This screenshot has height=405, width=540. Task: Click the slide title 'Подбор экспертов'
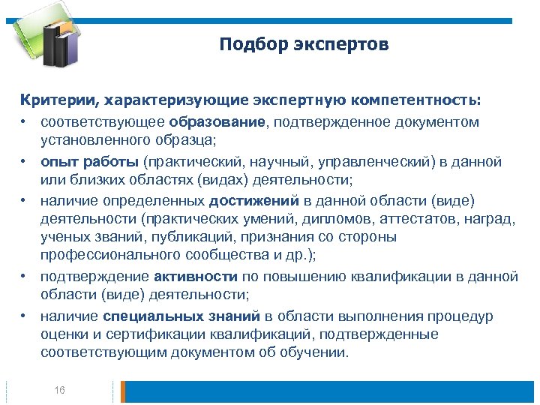pyautogui.click(x=304, y=45)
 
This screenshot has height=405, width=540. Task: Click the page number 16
pyautogui.click(x=60, y=390)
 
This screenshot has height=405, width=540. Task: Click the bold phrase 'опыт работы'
pyautogui.click(x=90, y=161)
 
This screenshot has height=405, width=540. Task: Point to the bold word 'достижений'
pyautogui.click(x=254, y=201)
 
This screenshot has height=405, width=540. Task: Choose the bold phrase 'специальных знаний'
pyautogui.click(x=181, y=316)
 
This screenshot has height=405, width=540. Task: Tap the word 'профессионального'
pyautogui.click(x=106, y=255)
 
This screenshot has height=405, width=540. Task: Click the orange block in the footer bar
pyautogui.click(x=124, y=391)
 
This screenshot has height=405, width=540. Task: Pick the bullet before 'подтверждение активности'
pyautogui.click(x=25, y=277)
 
